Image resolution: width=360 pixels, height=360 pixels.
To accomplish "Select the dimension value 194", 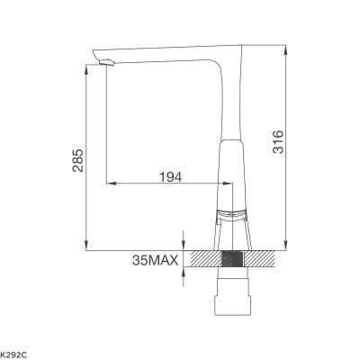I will pyautogui.click(x=169, y=176).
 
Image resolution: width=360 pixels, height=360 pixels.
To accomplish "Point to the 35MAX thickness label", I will pyautogui.click(x=154, y=262).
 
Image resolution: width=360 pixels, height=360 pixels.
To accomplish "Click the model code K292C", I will pyautogui.click(x=15, y=351).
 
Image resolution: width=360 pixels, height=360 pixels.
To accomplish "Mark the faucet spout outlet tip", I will pyautogui.click(x=105, y=63).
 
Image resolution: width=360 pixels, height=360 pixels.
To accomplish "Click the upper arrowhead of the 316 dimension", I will pyautogui.click(x=286, y=45).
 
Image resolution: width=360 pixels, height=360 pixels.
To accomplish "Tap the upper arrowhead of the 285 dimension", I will pyautogui.click(x=85, y=67).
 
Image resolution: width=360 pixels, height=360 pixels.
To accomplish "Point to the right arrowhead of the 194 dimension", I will pyautogui.click(x=229, y=184).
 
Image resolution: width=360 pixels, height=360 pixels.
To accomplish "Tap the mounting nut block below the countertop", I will pyautogui.click(x=231, y=297).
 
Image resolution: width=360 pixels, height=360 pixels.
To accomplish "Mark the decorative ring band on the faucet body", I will pyautogui.click(x=232, y=213).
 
